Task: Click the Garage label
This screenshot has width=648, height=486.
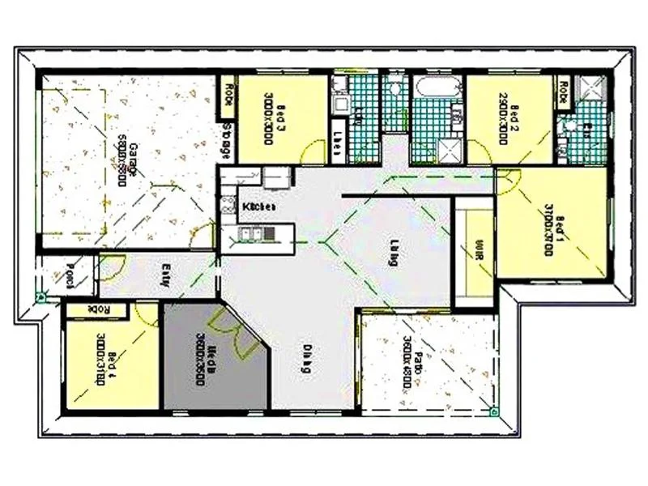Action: [125, 155]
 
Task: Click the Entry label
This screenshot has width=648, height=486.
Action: [165, 276]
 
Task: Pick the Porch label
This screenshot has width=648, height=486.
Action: [70, 276]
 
